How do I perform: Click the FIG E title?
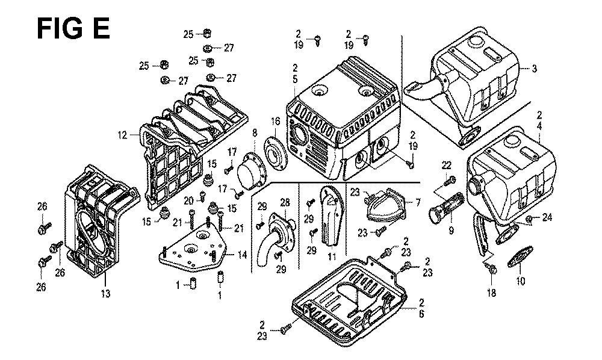tap(73, 29)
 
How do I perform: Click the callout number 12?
tap(122, 135)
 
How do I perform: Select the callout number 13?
tap(105, 294)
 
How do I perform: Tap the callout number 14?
tap(243, 255)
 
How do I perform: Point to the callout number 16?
tap(275, 122)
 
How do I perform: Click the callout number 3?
tap(534, 69)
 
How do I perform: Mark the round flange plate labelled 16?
tap(275, 153)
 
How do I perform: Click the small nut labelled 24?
tap(529, 219)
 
